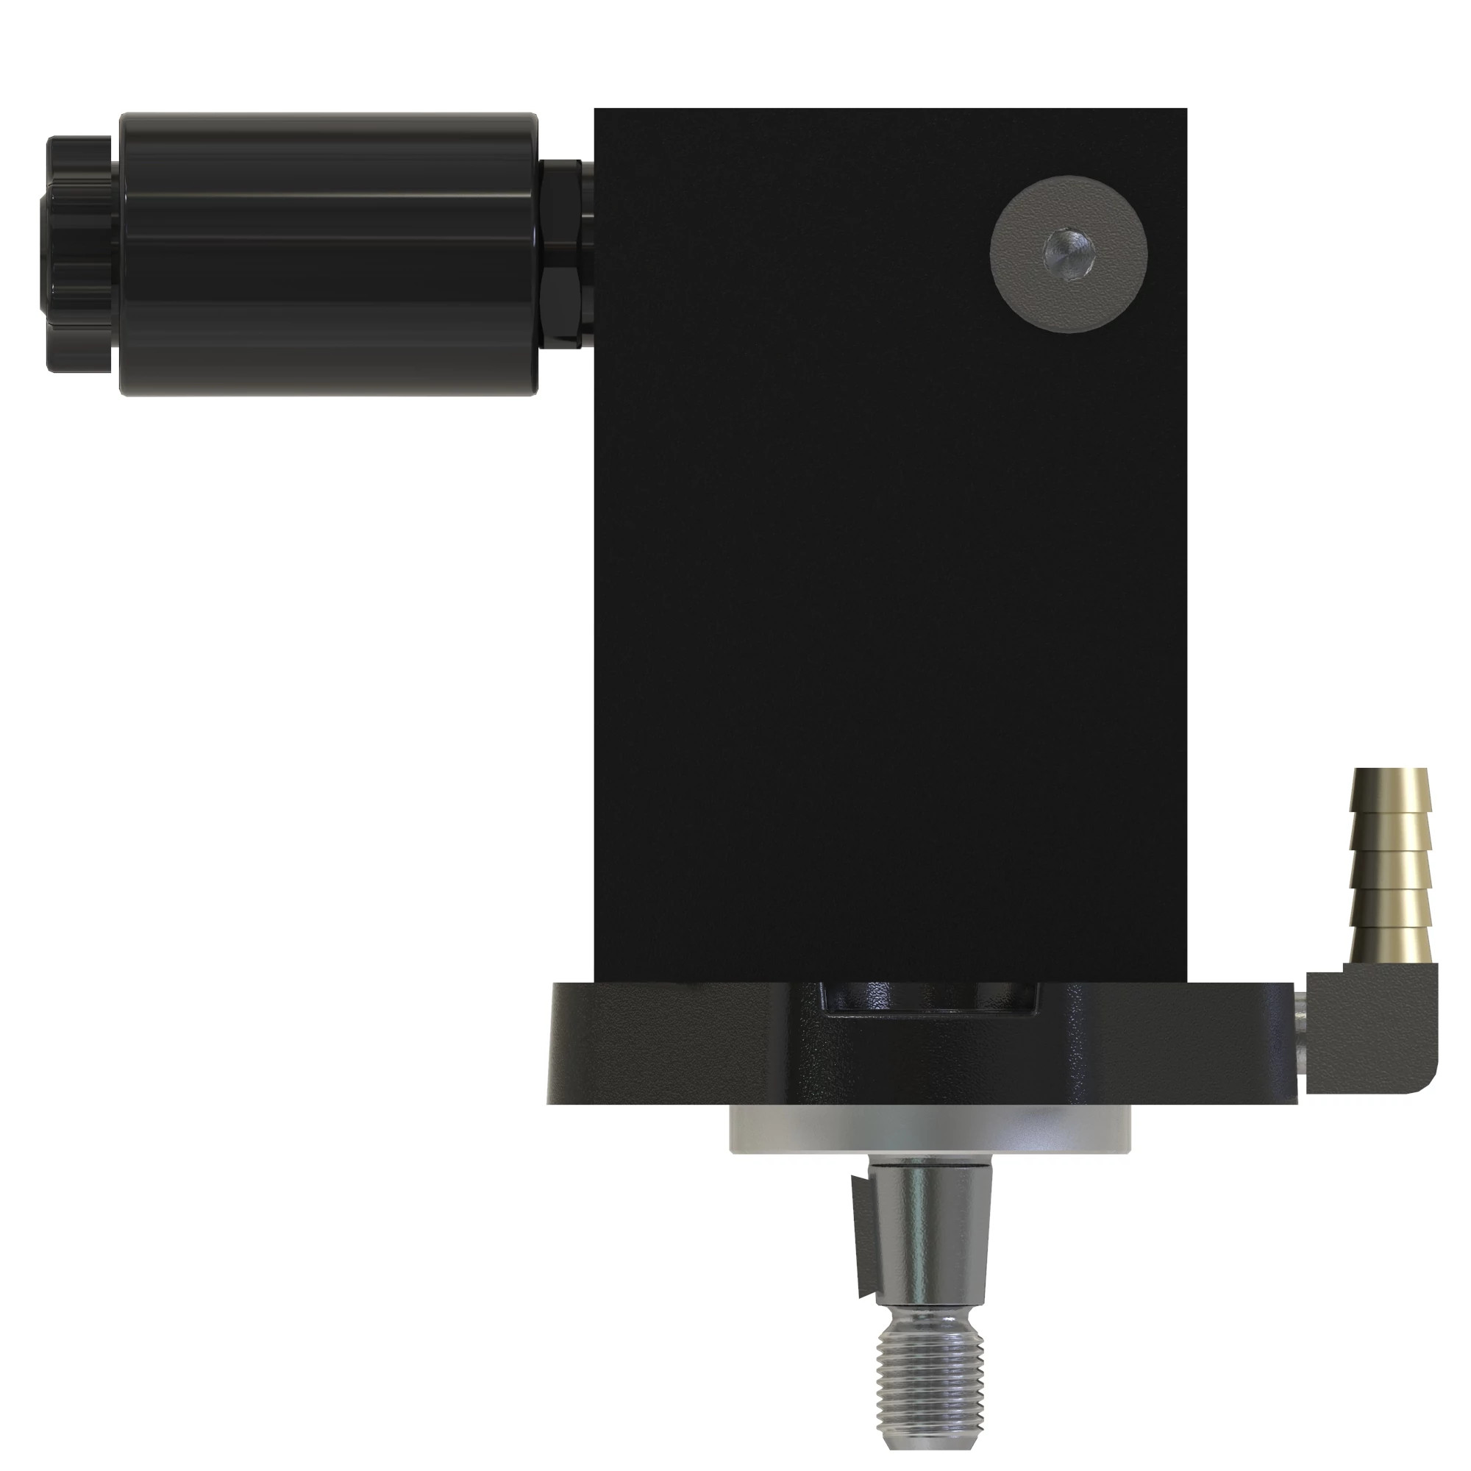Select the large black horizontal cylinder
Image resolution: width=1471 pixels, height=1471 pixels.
[327, 255]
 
